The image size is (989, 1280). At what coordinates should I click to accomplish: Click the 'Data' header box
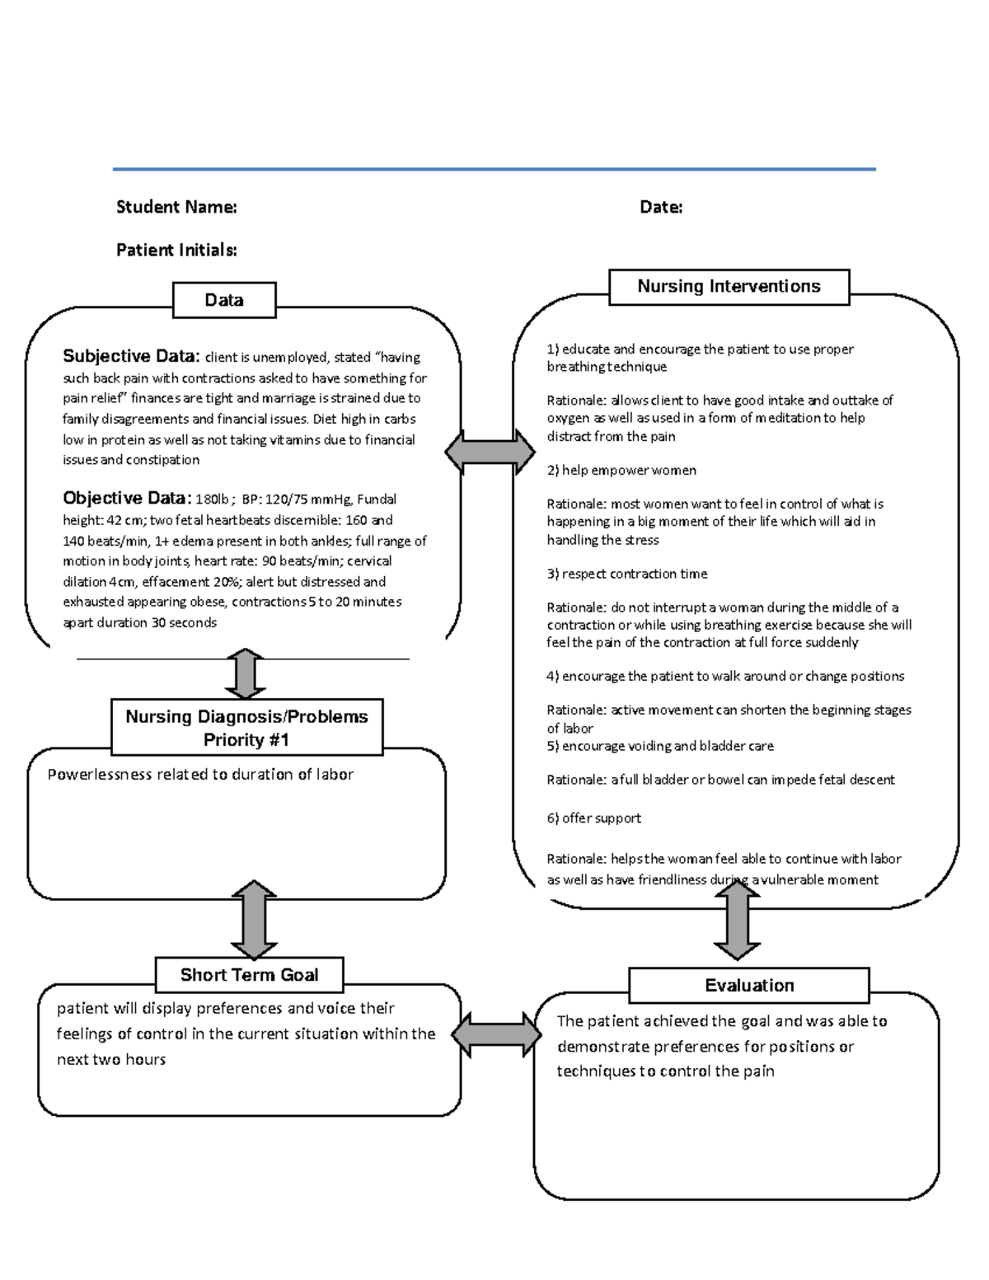pyautogui.click(x=224, y=300)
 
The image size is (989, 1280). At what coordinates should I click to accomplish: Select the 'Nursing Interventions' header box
pyautogui.click(x=729, y=287)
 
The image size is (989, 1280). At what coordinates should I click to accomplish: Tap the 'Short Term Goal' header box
pyautogui.click(x=249, y=975)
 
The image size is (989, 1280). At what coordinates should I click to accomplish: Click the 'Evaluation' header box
pyautogui.click(x=748, y=986)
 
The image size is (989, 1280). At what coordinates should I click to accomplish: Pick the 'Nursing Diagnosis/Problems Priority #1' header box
pyautogui.click(x=246, y=728)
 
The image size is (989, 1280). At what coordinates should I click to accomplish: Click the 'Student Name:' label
pyautogui.click(x=176, y=207)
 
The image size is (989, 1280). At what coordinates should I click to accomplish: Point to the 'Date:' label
pyautogui.click(x=661, y=207)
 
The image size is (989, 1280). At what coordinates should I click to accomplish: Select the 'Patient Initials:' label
pyautogui.click(x=176, y=250)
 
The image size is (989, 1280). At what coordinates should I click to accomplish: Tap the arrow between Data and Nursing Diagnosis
pyautogui.click(x=245, y=674)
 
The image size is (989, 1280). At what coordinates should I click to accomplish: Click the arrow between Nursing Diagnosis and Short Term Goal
pyautogui.click(x=254, y=919)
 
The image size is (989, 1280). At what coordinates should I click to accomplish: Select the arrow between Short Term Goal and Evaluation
pyautogui.click(x=497, y=1034)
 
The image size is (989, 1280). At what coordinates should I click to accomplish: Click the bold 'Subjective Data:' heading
pyautogui.click(x=131, y=356)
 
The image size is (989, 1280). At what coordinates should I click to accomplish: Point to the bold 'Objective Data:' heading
pyautogui.click(x=128, y=498)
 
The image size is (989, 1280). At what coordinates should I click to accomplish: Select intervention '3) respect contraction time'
pyautogui.click(x=627, y=574)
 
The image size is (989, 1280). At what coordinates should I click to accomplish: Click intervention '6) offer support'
pyautogui.click(x=593, y=818)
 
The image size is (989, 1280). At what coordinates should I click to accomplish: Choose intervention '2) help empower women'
pyautogui.click(x=621, y=470)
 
